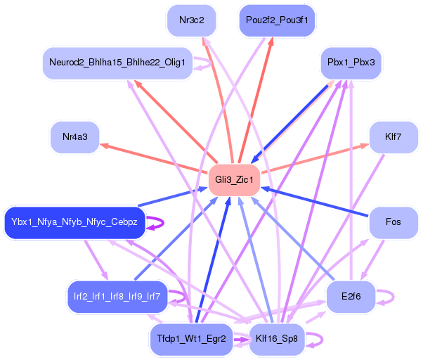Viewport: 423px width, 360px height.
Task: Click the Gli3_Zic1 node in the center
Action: [x=234, y=181]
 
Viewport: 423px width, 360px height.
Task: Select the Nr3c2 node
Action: [x=192, y=20]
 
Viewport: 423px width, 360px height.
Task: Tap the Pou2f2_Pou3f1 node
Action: [x=278, y=20]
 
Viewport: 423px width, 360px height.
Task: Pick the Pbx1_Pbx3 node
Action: [x=351, y=63]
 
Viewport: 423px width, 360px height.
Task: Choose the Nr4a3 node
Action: [x=74, y=136]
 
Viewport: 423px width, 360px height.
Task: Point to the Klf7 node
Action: [x=393, y=136]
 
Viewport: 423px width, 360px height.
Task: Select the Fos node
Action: [x=393, y=222]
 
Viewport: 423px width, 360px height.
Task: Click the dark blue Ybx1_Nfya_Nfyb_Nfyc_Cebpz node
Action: [x=74, y=222]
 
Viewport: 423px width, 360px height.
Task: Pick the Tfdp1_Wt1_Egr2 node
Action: [x=191, y=339]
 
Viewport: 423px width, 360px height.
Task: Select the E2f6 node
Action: [x=351, y=296]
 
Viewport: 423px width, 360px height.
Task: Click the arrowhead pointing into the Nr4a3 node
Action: [x=104, y=145]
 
